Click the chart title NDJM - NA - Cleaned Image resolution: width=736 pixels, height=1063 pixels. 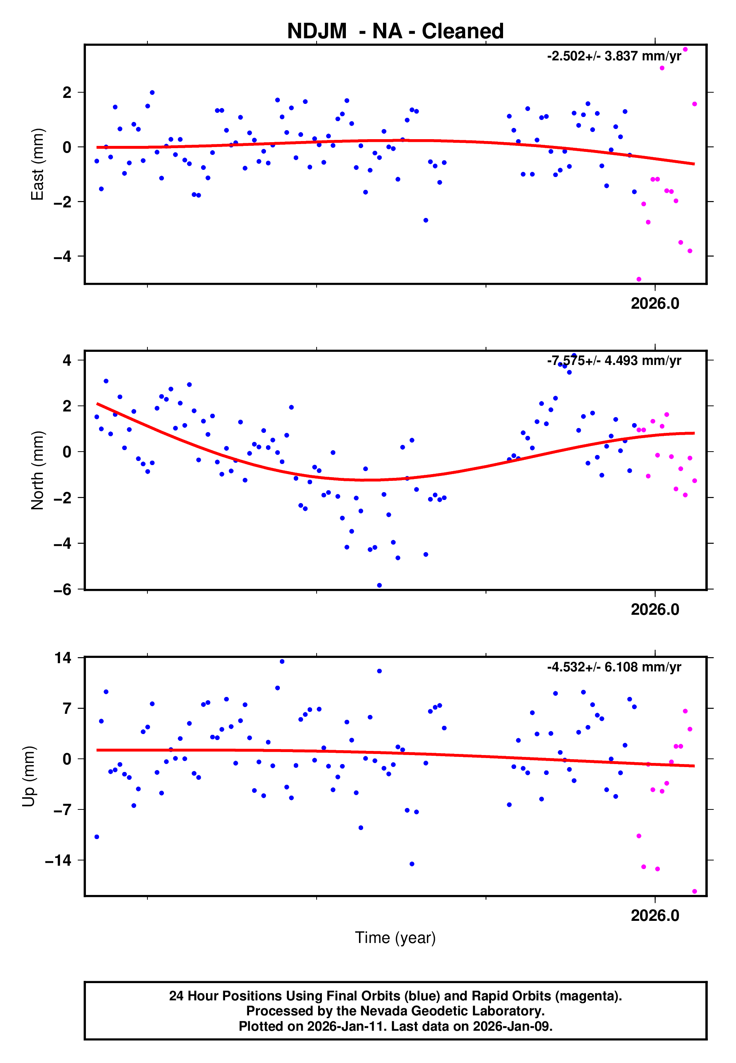[x=395, y=32]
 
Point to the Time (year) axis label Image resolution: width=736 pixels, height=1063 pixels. [x=395, y=938]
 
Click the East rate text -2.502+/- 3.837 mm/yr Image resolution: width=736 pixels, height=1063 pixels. [x=614, y=56]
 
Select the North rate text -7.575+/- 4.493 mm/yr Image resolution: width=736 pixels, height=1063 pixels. [x=614, y=360]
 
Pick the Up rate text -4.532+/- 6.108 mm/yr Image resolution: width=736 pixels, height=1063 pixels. [x=614, y=667]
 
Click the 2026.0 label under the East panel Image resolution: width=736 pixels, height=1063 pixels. [x=655, y=304]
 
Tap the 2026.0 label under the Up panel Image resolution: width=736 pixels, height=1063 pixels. [x=655, y=916]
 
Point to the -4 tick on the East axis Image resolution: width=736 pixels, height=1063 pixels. [x=63, y=256]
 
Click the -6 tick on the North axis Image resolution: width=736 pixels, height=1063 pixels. [x=63, y=590]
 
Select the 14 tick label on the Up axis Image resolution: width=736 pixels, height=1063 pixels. [x=63, y=658]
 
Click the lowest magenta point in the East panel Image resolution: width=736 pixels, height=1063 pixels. [x=639, y=279]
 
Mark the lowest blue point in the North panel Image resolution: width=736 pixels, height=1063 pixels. [x=379, y=586]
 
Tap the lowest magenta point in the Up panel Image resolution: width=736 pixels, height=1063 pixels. [x=694, y=892]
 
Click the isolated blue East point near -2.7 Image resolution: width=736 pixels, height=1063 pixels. [x=426, y=220]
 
